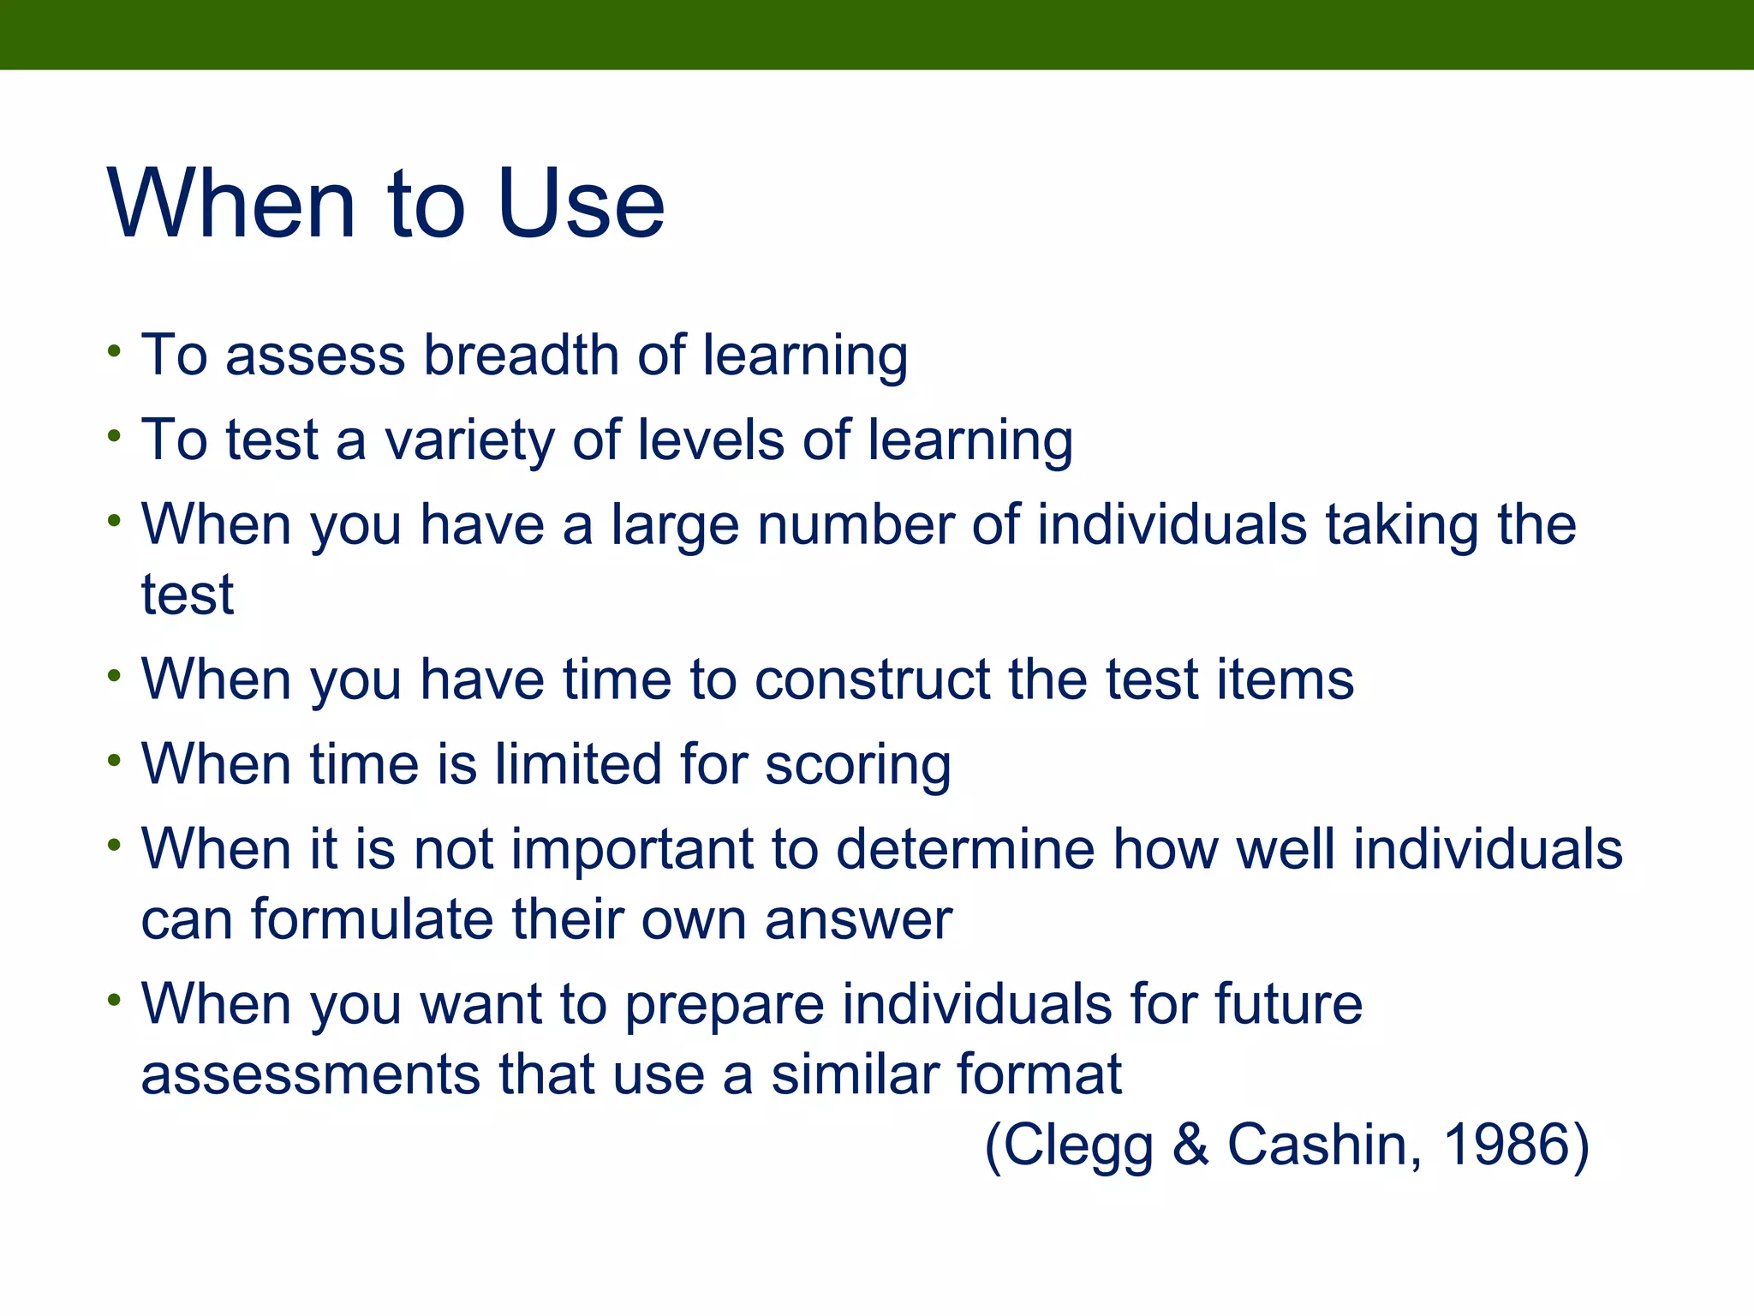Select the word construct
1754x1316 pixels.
coord(872,679)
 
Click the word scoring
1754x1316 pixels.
coord(857,765)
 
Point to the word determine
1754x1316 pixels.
coord(965,849)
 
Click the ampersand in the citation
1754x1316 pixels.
coord(1190,1145)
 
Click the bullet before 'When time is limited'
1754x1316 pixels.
coord(115,760)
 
